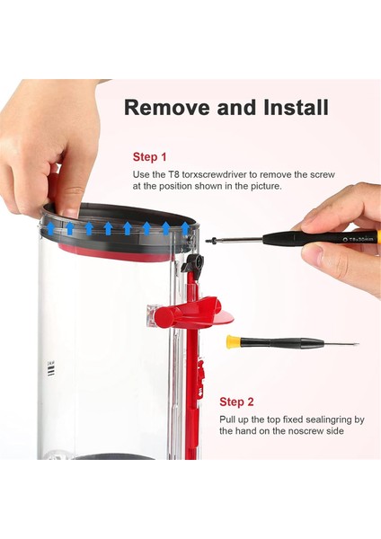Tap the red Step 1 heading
(150, 155)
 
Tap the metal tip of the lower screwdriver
(341, 343)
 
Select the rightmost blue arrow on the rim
(185, 228)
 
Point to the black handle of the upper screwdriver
(297, 239)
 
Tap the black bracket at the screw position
(192, 263)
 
